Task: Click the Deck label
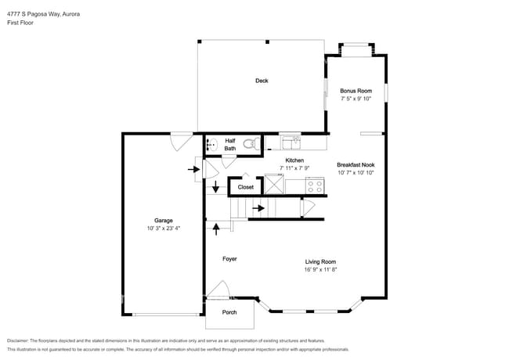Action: [262, 81]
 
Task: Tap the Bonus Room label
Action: [355, 91]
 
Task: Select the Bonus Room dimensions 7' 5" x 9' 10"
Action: [355, 99]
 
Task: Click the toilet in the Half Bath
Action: [251, 144]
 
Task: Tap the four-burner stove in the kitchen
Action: [315, 186]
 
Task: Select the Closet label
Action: [246, 188]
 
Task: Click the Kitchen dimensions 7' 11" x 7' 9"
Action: [294, 168]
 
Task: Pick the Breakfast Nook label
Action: [356, 164]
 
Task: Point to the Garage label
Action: [164, 221]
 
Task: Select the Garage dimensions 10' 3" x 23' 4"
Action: [164, 229]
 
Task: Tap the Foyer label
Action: [229, 258]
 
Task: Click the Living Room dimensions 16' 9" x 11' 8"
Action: [320, 270]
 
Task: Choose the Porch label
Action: [229, 312]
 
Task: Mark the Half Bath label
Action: [230, 144]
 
